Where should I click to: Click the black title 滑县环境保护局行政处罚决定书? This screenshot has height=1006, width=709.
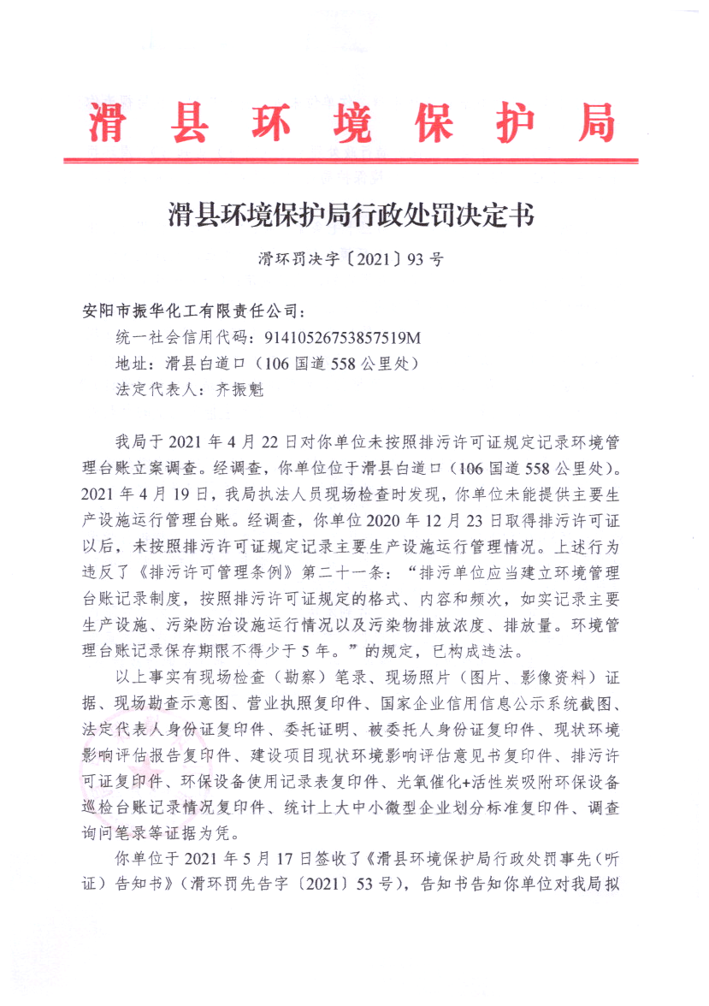[352, 215]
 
